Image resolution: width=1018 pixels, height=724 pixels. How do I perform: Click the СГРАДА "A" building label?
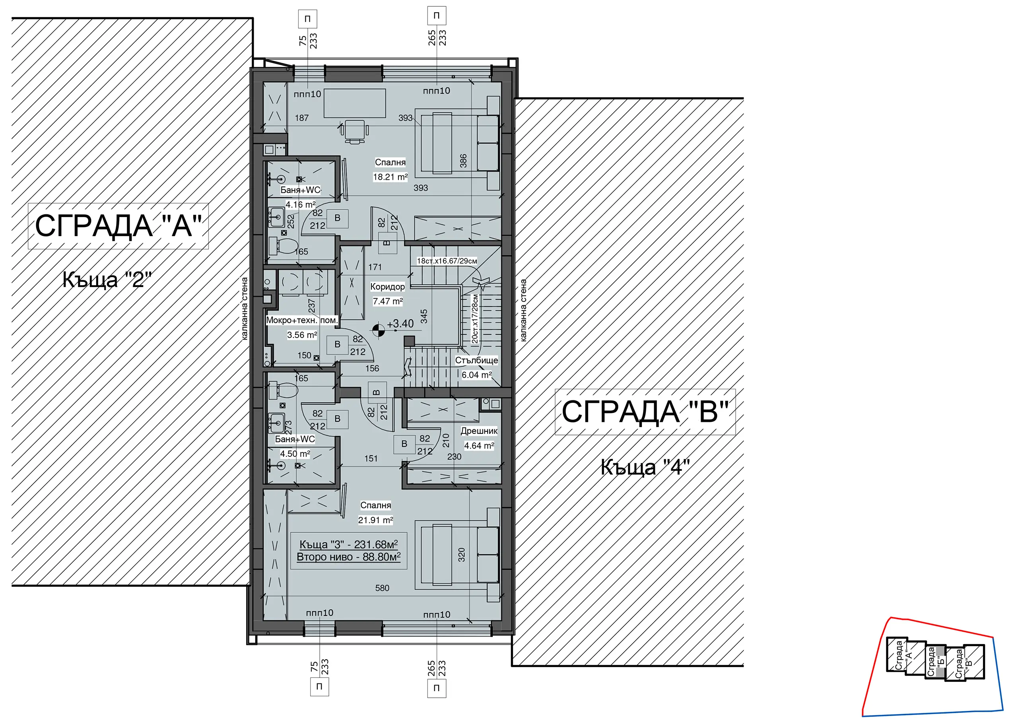118,225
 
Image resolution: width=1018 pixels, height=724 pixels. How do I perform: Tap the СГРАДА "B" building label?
645,411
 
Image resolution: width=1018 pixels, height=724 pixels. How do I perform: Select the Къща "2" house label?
107,280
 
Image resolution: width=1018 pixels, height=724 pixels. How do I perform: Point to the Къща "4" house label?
645,467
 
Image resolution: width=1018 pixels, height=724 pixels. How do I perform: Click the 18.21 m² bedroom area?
390,177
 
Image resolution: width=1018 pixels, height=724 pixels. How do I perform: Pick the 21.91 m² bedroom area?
375,520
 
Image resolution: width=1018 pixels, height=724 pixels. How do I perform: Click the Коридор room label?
387,287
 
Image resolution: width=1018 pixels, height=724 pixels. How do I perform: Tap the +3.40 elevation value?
400,324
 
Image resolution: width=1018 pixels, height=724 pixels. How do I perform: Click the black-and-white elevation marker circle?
378,330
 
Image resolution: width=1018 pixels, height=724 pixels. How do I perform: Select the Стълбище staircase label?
476,360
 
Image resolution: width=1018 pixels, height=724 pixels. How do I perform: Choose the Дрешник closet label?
479,431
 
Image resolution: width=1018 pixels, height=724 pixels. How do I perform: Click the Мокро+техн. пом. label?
302,320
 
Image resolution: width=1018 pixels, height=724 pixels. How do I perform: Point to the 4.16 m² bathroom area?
301,205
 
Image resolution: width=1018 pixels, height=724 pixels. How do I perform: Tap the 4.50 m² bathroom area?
295,454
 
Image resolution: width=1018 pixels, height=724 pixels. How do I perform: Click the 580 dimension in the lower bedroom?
382,588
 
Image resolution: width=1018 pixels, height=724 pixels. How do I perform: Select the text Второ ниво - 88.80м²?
349,557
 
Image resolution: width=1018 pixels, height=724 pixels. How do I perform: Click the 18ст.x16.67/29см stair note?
447,261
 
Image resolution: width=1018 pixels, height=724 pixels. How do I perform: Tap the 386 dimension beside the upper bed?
463,161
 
